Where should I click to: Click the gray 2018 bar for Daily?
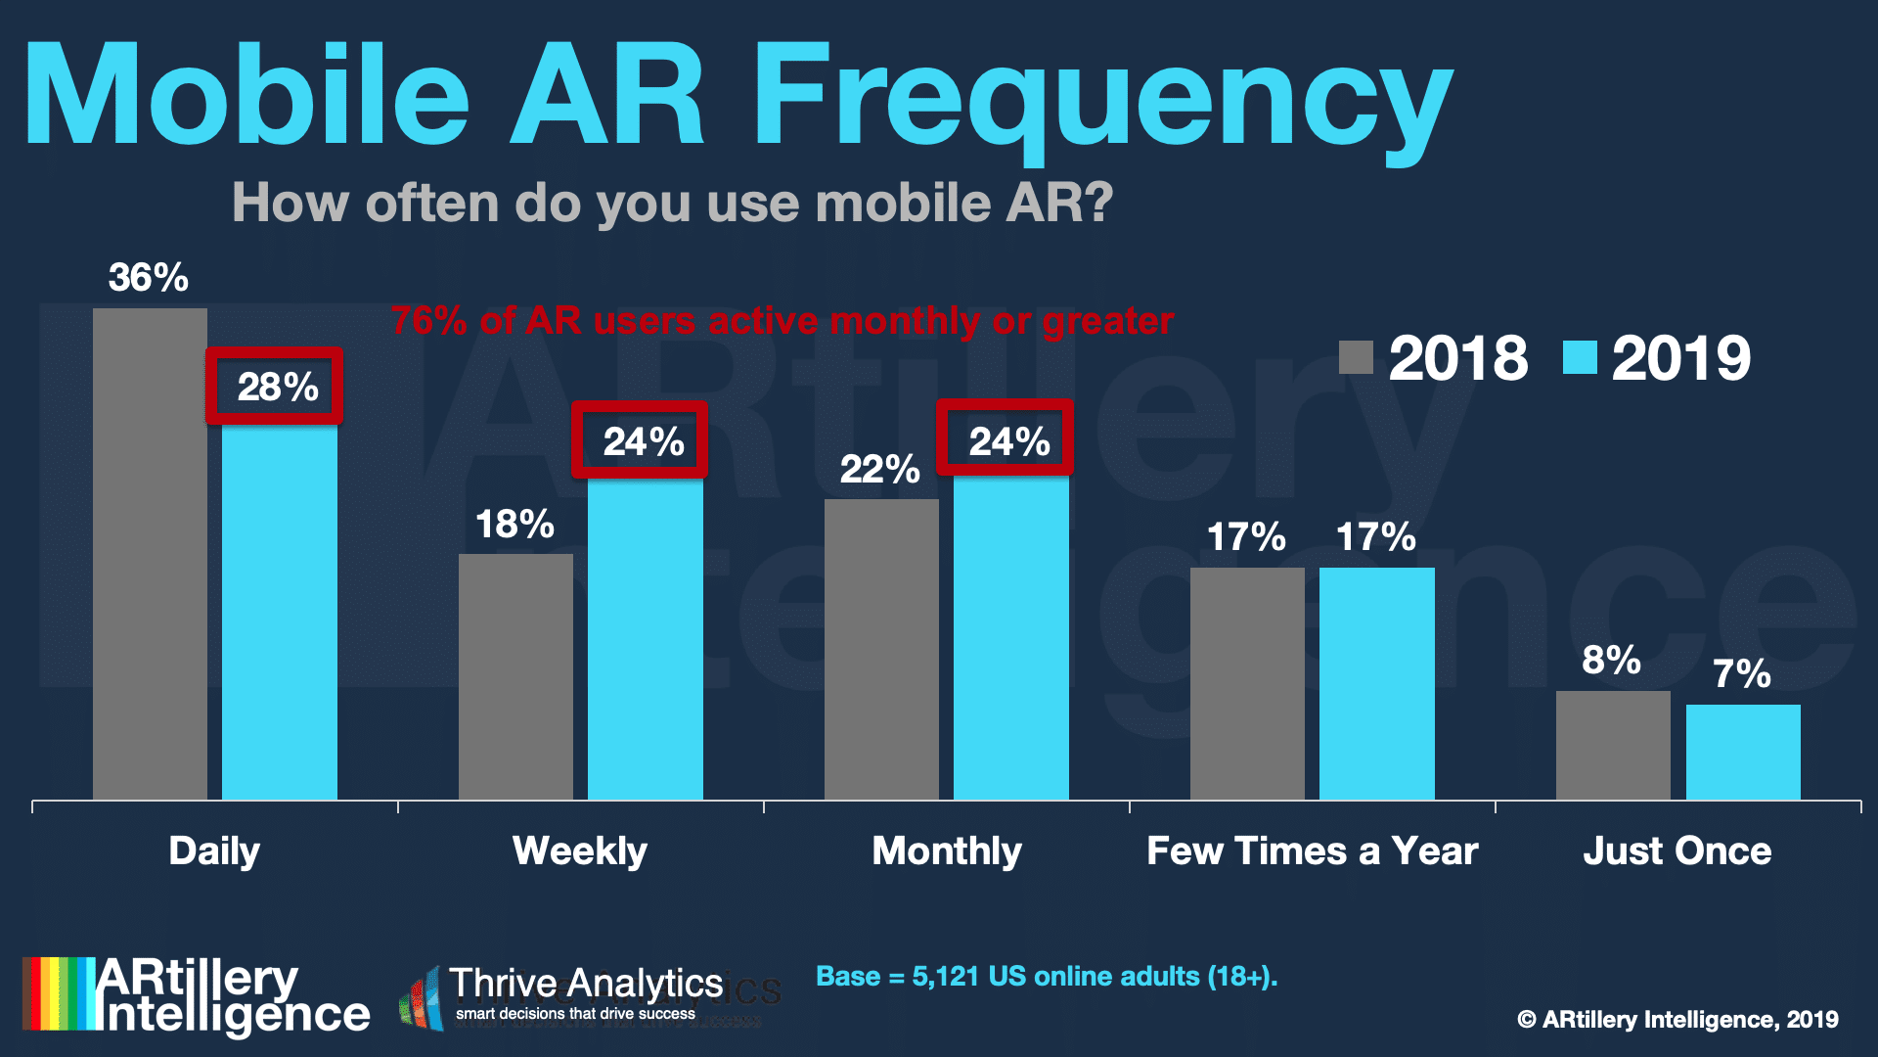pyautogui.click(x=150, y=554)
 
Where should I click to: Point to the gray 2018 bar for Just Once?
pyautogui.click(x=1613, y=745)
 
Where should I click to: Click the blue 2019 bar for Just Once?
pyautogui.click(x=1743, y=752)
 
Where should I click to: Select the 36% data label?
pyautogui.click(x=148, y=278)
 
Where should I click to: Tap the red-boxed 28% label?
pyautogui.click(x=277, y=387)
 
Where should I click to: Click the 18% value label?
pyautogui.click(x=514, y=525)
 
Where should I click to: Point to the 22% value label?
pyautogui.click(x=879, y=470)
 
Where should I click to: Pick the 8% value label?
pyautogui.click(x=1611, y=661)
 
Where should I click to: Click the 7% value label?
pyautogui.click(x=1741, y=674)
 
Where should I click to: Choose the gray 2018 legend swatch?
pyautogui.click(x=1356, y=357)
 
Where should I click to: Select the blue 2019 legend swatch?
pyautogui.click(x=1579, y=357)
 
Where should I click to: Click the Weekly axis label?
pyautogui.click(x=580, y=850)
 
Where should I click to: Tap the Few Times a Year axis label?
pyautogui.click(x=1312, y=850)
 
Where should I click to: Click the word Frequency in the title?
pyautogui.click(x=1100, y=98)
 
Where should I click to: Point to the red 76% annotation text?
pyautogui.click(x=782, y=321)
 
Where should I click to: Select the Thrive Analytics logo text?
pyautogui.click(x=585, y=985)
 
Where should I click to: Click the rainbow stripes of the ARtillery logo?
pyautogui.click(x=59, y=993)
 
